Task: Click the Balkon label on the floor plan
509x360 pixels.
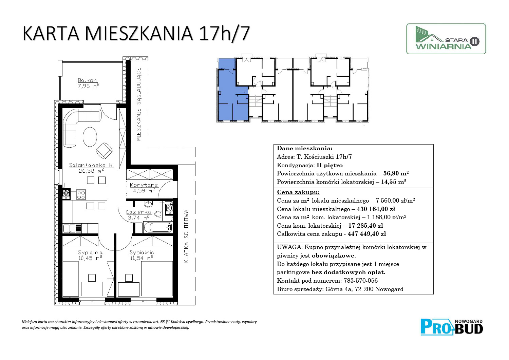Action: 87,80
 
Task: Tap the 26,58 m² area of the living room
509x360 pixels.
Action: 91,171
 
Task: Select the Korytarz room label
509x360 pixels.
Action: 144,185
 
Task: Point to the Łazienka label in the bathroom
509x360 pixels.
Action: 138,212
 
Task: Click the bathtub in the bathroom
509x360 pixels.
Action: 158,227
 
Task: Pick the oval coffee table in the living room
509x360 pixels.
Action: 90,137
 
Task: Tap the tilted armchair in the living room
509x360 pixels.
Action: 104,150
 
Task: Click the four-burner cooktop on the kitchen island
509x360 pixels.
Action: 81,195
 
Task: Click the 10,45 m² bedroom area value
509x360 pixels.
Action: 90,258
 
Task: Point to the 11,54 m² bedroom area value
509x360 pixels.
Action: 142,258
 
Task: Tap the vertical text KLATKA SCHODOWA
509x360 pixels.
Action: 186,236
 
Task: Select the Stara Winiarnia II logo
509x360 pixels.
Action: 446,39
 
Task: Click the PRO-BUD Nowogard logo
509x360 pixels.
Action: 452,327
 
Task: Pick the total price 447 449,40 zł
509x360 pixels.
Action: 367,234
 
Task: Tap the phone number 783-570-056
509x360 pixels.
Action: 361,281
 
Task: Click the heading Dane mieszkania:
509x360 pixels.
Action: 304,148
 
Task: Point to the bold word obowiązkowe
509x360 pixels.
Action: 333,256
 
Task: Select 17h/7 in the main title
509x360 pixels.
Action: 224,34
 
